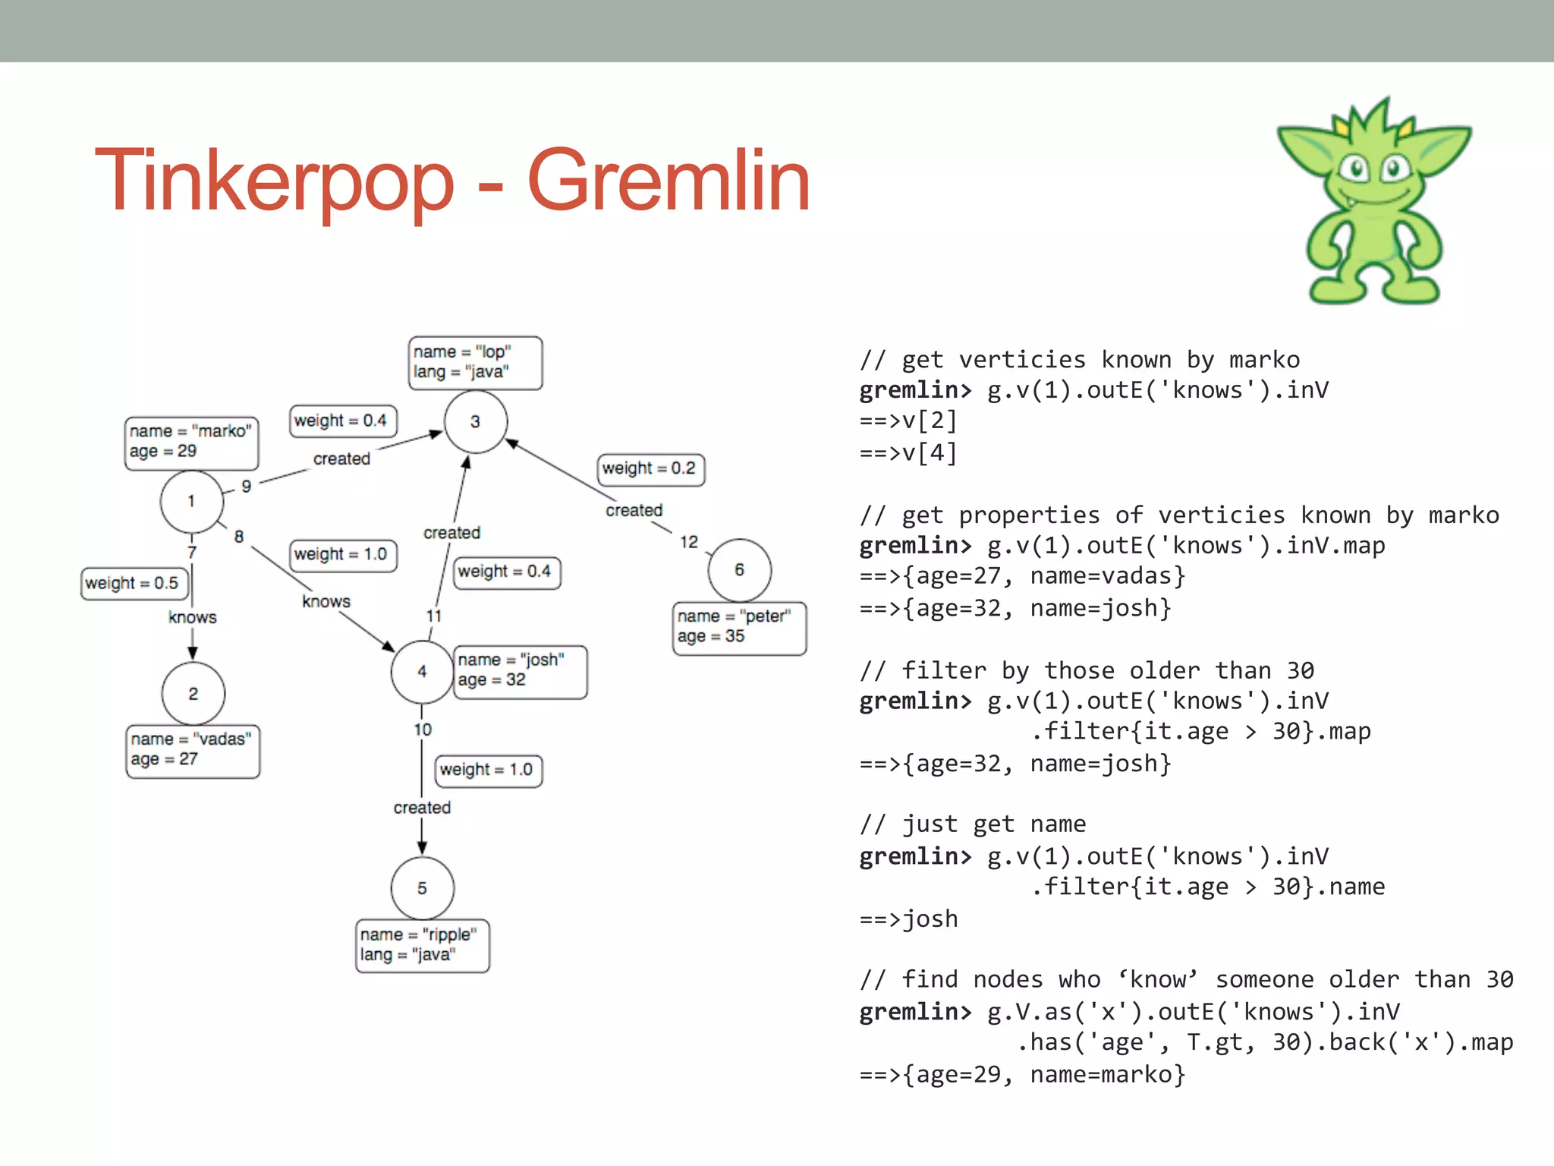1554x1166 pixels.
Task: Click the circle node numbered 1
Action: (191, 501)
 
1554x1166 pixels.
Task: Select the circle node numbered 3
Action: (475, 421)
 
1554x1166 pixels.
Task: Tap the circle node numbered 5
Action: (422, 887)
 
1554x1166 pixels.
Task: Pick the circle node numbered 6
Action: (739, 570)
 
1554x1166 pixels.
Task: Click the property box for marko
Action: (191, 442)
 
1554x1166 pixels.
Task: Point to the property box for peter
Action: (738, 627)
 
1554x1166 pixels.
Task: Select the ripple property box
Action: (422, 945)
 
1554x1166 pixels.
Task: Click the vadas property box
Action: (192, 750)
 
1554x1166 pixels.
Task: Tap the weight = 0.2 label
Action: (650, 468)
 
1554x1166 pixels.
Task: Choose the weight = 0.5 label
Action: (133, 583)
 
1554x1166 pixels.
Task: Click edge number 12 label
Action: (688, 542)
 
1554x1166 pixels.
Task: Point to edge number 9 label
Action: (246, 487)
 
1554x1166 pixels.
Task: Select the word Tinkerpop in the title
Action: (274, 182)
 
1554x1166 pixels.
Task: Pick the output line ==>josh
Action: (908, 919)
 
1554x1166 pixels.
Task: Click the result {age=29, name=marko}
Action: (1021, 1074)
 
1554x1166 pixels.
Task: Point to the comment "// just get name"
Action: (972, 824)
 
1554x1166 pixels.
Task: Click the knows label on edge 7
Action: (193, 617)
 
